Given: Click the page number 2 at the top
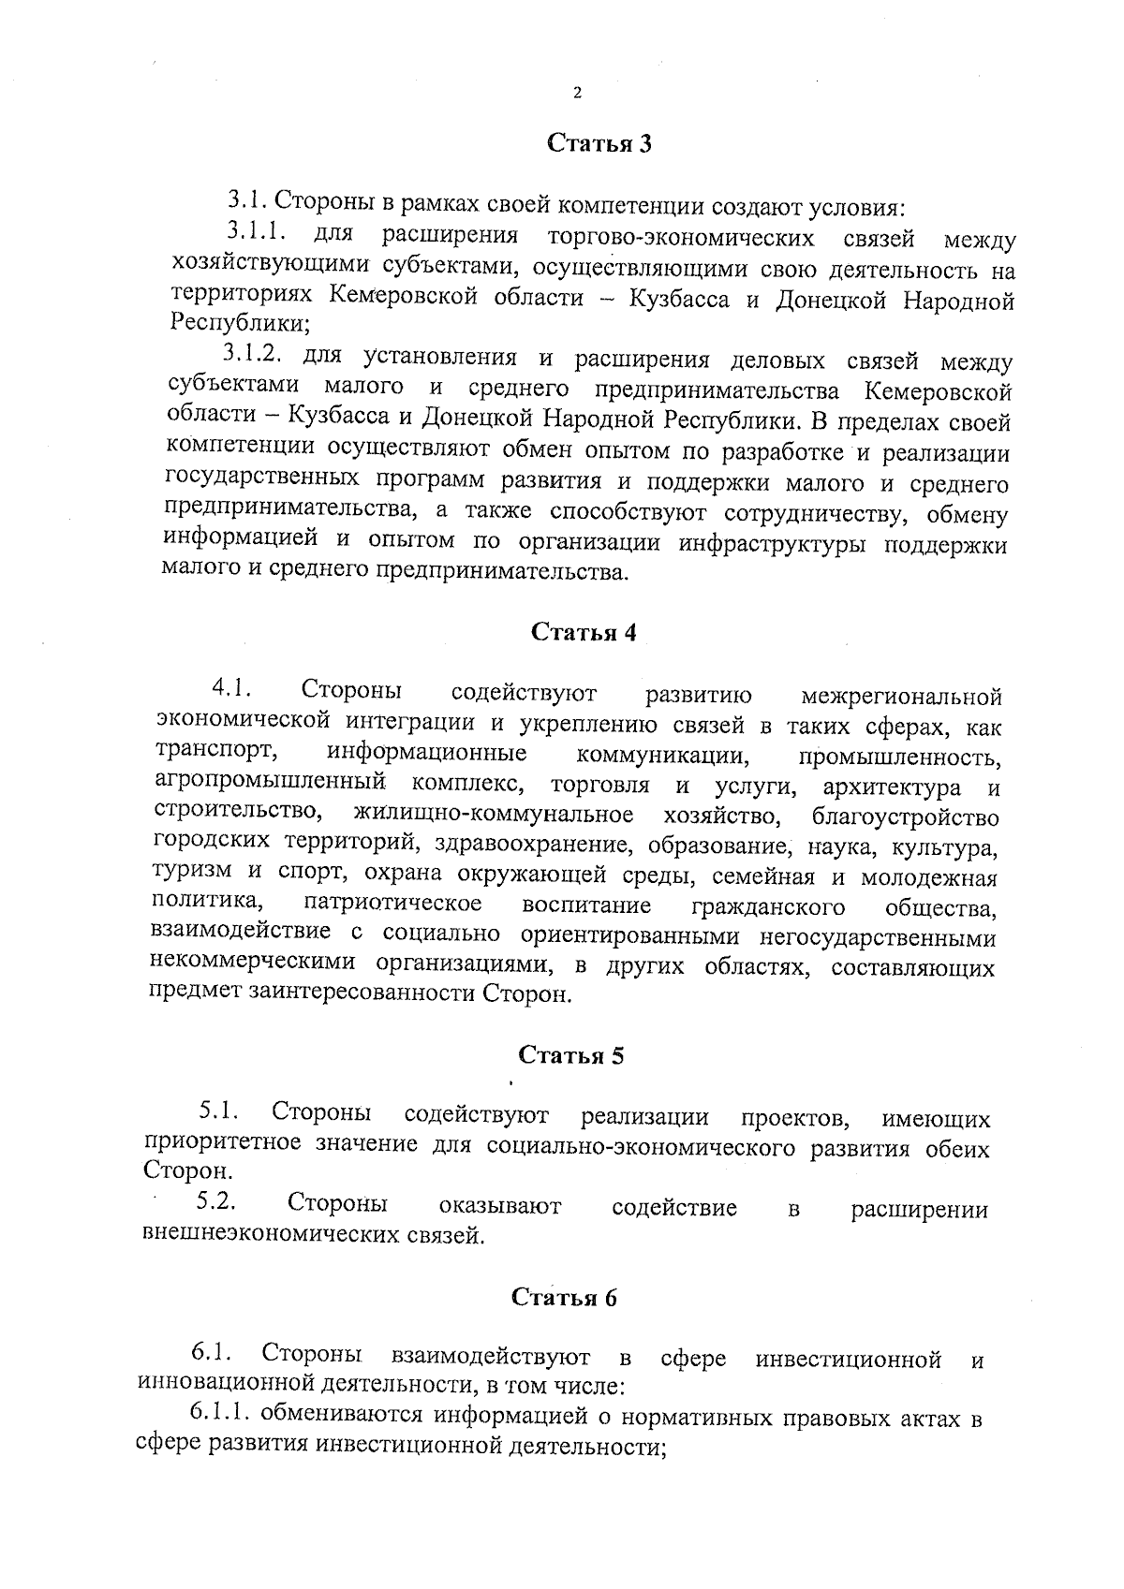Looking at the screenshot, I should (x=576, y=93).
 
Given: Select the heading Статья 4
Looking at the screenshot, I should (x=584, y=632).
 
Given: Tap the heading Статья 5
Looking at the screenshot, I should (x=571, y=1055).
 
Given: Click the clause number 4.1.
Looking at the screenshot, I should (x=230, y=690).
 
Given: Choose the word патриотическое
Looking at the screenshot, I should (x=392, y=905).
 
